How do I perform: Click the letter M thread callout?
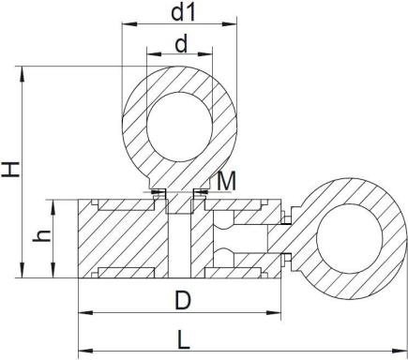[x=225, y=179]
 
